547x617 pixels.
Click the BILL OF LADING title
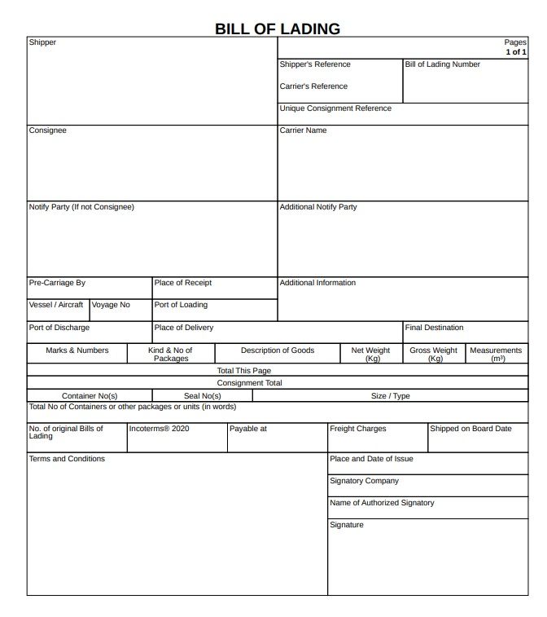pos(277,29)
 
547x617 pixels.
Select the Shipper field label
pos(42,42)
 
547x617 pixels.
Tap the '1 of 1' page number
pos(516,52)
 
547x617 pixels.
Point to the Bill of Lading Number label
pos(442,64)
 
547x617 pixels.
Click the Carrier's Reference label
pos(313,86)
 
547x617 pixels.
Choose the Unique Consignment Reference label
pos(335,108)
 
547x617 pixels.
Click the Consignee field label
pos(48,130)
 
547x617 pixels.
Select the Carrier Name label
pos(303,130)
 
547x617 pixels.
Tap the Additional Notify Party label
pos(318,207)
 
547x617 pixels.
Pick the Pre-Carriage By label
pos(57,283)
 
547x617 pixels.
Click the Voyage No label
pos(111,305)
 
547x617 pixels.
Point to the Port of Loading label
pos(181,305)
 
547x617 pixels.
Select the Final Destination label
pos(434,328)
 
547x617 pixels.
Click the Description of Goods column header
pos(277,350)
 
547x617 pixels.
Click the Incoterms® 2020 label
pos(159,428)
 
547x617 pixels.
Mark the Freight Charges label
pos(358,428)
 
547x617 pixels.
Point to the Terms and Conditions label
pos(67,459)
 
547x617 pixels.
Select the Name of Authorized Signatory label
pos(382,503)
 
